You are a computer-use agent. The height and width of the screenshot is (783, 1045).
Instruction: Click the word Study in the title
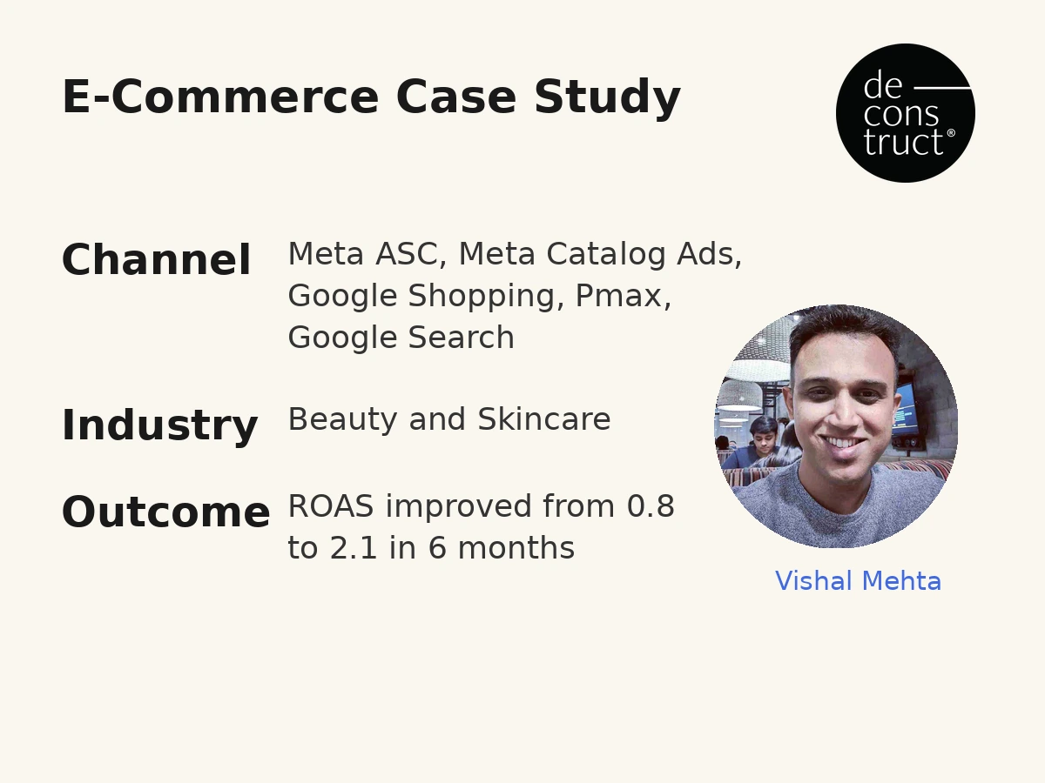pos(608,97)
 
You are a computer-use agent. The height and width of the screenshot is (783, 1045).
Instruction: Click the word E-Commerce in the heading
pos(220,97)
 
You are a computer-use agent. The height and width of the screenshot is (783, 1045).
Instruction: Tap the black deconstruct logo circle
pos(906,113)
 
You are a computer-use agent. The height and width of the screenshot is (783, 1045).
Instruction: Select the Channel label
pos(156,259)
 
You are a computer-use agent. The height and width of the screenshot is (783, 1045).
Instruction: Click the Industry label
pos(160,425)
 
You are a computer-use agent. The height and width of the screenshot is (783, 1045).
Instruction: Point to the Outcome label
pos(166,512)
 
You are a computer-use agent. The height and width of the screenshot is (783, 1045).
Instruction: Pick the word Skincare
pos(544,419)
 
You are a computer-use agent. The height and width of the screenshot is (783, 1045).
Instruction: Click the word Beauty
pos(343,420)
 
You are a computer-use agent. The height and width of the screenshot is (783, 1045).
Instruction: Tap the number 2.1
pos(354,548)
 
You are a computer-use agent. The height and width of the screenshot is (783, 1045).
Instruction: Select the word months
pos(516,548)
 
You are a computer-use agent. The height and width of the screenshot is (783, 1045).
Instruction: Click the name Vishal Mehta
pos(859,581)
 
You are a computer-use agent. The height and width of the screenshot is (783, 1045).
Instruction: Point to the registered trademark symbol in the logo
pos(951,132)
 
